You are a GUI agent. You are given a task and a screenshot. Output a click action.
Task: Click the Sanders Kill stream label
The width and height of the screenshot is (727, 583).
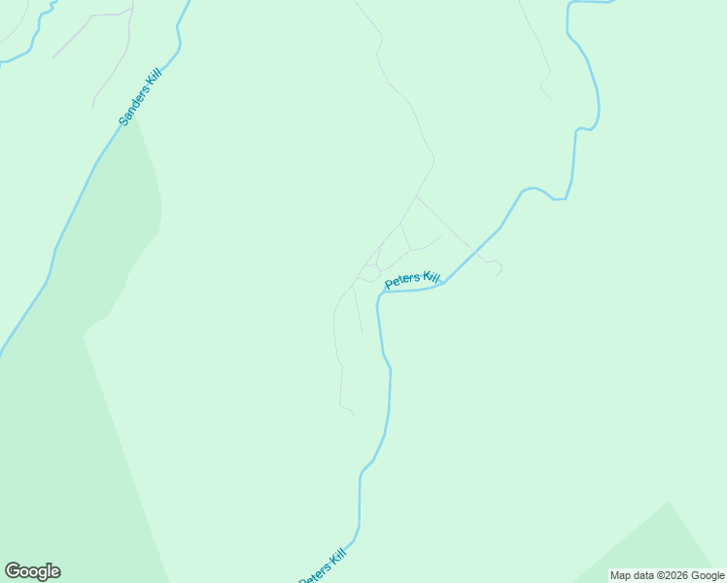(139, 96)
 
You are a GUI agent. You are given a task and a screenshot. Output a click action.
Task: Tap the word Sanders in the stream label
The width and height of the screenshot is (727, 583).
(133, 104)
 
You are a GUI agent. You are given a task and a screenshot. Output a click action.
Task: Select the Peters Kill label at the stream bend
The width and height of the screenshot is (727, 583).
(413, 280)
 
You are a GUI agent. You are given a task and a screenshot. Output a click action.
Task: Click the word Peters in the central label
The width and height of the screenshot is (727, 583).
(402, 282)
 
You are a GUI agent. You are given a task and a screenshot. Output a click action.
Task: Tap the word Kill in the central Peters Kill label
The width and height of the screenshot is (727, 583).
(431, 278)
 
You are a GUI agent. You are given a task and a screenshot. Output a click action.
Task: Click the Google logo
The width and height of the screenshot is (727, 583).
(32, 571)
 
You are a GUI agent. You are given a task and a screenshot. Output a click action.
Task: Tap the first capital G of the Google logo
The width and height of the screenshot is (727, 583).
(13, 570)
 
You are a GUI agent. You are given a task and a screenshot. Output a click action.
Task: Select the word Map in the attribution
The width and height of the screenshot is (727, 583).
(622, 575)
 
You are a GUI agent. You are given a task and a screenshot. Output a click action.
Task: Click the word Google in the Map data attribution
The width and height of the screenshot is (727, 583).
(708, 575)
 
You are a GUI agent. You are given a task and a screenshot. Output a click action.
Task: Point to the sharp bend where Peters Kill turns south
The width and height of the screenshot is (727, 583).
(379, 293)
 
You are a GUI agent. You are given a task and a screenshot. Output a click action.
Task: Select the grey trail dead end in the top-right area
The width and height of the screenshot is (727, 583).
(551, 99)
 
